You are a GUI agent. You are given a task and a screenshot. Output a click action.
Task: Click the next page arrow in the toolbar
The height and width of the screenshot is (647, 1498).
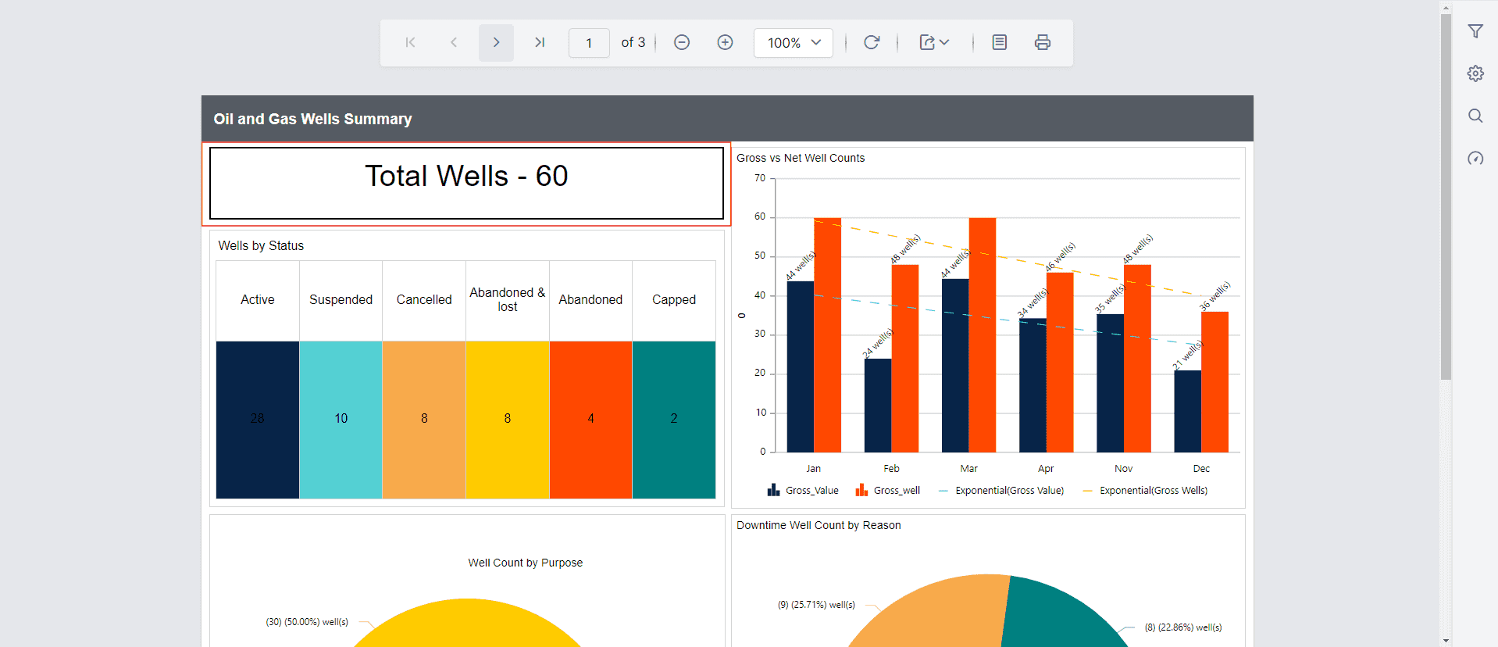tap(496, 42)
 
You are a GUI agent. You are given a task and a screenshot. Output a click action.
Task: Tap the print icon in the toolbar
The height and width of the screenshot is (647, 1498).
tap(1042, 42)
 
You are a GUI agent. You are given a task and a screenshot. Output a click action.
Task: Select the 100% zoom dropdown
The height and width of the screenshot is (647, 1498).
tap(793, 42)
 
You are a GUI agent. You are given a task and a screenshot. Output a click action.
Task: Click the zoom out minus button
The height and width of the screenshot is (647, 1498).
tap(682, 42)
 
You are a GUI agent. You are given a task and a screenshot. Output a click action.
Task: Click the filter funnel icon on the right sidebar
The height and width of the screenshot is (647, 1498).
tap(1475, 31)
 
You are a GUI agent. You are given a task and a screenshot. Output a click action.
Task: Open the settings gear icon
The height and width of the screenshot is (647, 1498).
tap(1475, 73)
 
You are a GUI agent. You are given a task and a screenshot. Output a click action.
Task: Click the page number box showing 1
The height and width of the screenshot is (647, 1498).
tap(589, 43)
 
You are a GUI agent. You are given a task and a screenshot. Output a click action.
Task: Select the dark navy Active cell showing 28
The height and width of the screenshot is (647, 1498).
tap(258, 419)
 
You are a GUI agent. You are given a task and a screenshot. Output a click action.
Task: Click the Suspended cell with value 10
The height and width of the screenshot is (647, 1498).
tap(341, 419)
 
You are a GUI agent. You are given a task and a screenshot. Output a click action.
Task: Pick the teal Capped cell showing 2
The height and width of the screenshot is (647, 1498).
tap(674, 419)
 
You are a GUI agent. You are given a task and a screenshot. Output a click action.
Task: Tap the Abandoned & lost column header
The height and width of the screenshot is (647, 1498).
tap(508, 299)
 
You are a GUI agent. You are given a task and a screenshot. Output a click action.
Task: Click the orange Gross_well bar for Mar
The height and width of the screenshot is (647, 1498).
tap(982, 336)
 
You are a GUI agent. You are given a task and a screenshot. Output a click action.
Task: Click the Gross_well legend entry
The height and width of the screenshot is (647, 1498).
tap(889, 491)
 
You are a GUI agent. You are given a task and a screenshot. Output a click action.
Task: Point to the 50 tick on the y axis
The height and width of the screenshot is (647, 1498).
tap(760, 256)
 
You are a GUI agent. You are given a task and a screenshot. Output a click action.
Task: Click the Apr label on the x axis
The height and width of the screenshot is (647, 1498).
tap(1046, 469)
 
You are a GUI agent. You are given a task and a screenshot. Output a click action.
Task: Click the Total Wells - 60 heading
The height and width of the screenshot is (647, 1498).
tap(466, 177)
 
